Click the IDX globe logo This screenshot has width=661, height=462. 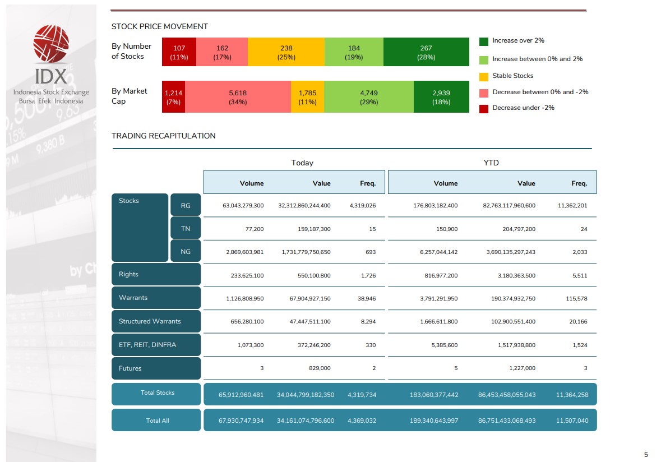click(51, 44)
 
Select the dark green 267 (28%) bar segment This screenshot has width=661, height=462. click(426, 53)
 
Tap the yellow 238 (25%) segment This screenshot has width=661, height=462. click(286, 53)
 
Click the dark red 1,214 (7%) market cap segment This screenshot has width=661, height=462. click(173, 98)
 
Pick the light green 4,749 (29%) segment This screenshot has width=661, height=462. click(368, 98)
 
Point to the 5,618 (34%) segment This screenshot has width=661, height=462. click(238, 98)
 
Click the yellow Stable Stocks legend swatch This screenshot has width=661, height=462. click(484, 76)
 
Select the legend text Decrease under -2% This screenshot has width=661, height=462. click(523, 108)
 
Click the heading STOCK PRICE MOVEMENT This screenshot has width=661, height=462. click(160, 26)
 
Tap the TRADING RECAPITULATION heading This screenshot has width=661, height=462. click(163, 136)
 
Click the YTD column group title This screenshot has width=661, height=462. click(491, 163)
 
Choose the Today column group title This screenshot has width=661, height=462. click(302, 163)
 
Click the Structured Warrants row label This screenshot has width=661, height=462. click(150, 321)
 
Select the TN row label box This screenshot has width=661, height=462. click(186, 229)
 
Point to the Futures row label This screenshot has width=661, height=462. click(131, 368)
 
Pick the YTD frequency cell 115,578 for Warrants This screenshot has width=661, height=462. click(576, 298)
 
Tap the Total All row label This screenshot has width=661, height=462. click(157, 421)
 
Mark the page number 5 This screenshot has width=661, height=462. click(646, 454)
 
